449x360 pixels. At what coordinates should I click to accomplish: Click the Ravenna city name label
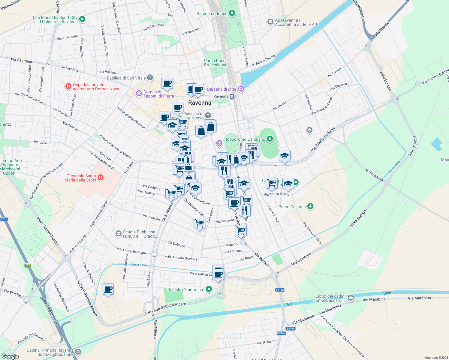[200, 103]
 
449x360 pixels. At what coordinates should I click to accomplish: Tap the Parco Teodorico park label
[212, 13]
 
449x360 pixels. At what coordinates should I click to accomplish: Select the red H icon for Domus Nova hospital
[68, 87]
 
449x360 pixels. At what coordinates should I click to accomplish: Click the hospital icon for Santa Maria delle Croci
[101, 178]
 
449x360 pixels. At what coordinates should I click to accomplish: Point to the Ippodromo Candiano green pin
[270, 139]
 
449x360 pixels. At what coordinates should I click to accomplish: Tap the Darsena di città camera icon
[241, 89]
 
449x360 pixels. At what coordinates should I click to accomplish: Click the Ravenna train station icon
[232, 97]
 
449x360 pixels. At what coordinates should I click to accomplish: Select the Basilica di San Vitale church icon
[150, 78]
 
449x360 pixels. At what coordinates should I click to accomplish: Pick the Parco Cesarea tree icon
[310, 206]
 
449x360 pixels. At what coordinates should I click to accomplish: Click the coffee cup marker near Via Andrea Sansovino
[108, 289]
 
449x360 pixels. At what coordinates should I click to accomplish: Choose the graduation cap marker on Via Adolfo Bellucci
[285, 156]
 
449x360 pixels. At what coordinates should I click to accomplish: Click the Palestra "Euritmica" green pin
[209, 289]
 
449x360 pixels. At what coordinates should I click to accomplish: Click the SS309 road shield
[291, 328]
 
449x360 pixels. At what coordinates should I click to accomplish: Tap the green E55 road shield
[28, 265]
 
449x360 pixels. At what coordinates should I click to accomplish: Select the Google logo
[10, 356]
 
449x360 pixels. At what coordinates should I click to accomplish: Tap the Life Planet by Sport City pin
[82, 19]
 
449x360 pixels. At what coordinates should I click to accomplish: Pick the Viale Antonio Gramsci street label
[181, 257]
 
